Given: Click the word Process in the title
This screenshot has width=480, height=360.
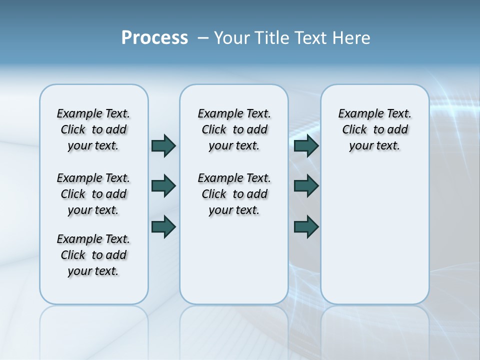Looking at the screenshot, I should pyautogui.click(x=154, y=38).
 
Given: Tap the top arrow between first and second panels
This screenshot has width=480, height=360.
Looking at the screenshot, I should pyautogui.click(x=163, y=145).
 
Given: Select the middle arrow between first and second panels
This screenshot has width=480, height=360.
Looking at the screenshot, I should pyautogui.click(x=163, y=186).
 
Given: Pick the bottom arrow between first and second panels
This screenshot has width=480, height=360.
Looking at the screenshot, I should pyautogui.click(x=163, y=226).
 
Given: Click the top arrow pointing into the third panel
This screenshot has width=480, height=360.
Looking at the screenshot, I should pyautogui.click(x=306, y=145).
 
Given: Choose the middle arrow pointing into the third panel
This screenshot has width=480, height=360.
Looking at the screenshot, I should pyautogui.click(x=306, y=186).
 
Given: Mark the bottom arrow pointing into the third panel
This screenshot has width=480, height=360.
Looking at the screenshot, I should pyautogui.click(x=306, y=226).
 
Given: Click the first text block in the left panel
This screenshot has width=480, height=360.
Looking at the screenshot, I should pyautogui.click(x=93, y=129).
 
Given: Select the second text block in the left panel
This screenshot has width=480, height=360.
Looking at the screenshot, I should pyautogui.click(x=93, y=194).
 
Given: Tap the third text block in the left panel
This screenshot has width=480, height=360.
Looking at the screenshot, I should pyautogui.click(x=93, y=255).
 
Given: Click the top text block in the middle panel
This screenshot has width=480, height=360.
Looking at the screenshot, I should pyautogui.click(x=234, y=129).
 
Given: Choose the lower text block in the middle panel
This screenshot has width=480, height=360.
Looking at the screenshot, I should pyautogui.click(x=234, y=194).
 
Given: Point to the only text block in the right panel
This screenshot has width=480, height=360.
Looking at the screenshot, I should pyautogui.click(x=374, y=129).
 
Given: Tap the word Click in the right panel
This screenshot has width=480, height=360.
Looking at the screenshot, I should pyautogui.click(x=354, y=130).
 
